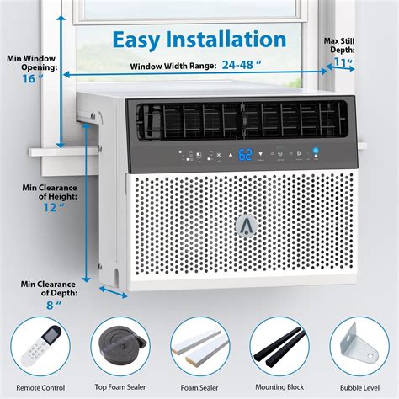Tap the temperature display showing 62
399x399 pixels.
point(222,155)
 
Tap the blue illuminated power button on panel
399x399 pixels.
point(317,152)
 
